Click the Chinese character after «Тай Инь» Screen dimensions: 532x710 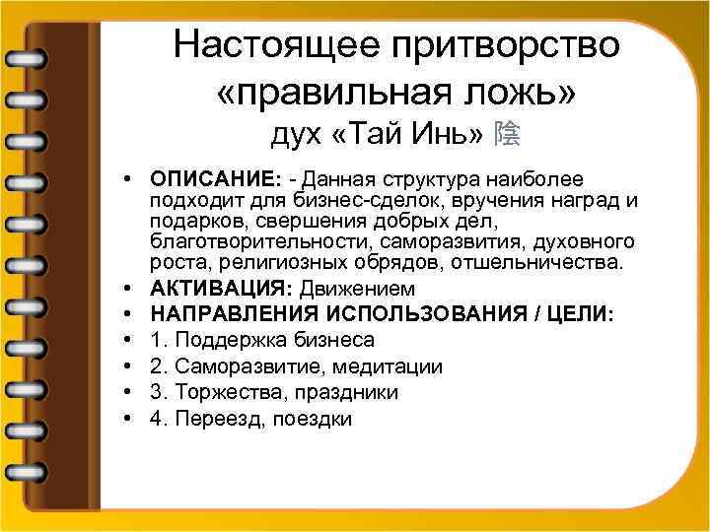pyautogui.click(x=510, y=134)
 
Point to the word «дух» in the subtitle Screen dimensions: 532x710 pyautogui.click(x=296, y=134)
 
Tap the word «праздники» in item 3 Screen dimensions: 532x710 pyautogui.click(x=344, y=393)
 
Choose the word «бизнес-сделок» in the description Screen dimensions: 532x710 pyautogui.click(x=326, y=201)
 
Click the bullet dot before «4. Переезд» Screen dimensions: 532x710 pyautogui.click(x=129, y=420)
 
